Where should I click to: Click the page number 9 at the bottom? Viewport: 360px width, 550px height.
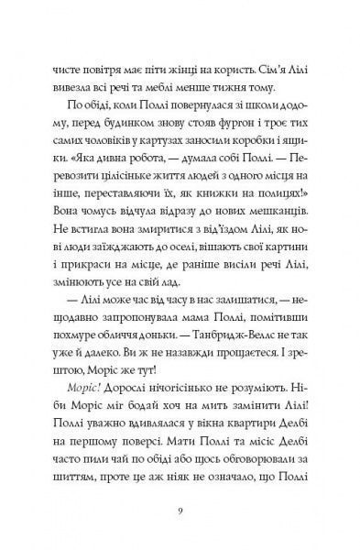tap(180, 511)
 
